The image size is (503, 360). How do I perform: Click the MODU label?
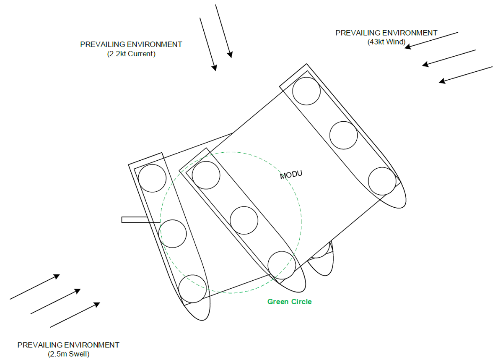[291, 175]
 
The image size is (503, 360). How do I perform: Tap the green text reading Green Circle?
[289, 302]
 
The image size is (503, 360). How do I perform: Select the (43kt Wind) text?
[386, 42]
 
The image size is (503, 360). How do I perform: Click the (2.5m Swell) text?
[69, 354]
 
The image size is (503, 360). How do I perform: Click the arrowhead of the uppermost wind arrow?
[407, 47]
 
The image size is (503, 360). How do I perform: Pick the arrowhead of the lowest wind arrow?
[442, 81]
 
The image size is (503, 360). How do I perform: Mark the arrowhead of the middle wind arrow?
[425, 64]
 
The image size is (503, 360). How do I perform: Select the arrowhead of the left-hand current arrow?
[214, 68]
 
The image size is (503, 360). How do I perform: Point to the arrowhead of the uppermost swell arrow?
[57, 276]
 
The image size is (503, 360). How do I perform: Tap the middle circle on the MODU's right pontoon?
[343, 135]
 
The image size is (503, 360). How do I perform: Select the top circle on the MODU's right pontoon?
[306, 91]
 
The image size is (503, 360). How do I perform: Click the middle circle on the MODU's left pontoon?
[244, 220]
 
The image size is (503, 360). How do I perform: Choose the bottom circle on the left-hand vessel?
[192, 289]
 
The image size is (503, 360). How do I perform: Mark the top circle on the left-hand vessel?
[153, 178]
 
